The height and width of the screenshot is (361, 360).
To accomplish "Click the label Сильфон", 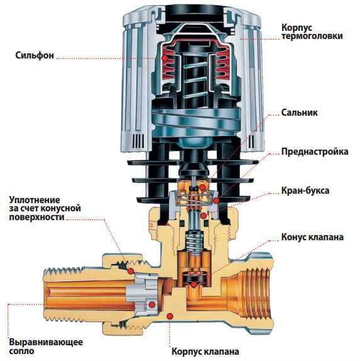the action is (x=35, y=55).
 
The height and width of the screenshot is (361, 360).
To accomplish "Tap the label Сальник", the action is (x=299, y=113).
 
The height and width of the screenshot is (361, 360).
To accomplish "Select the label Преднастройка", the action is (x=315, y=152).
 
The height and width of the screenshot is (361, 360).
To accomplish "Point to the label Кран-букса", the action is (x=305, y=191).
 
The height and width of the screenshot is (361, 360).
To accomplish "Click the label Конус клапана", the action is (x=312, y=237).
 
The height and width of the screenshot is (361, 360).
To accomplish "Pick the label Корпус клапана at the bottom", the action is (x=205, y=352).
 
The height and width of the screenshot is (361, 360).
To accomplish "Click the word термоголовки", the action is (x=312, y=36).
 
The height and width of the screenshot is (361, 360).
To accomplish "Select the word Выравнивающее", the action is (x=46, y=342).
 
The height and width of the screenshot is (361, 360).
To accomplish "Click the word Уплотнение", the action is (x=35, y=199).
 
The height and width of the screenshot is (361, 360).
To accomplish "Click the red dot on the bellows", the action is (x=165, y=58).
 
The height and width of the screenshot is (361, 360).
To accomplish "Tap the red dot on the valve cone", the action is (x=194, y=284).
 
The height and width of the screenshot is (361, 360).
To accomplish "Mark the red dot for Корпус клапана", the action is (x=170, y=316).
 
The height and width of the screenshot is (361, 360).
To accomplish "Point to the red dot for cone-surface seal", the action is (x=131, y=271).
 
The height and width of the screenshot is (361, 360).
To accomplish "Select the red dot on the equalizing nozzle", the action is (x=151, y=305).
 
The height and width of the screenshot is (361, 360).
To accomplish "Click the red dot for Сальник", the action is (x=202, y=187).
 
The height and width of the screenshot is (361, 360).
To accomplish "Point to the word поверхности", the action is (x=36, y=217).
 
